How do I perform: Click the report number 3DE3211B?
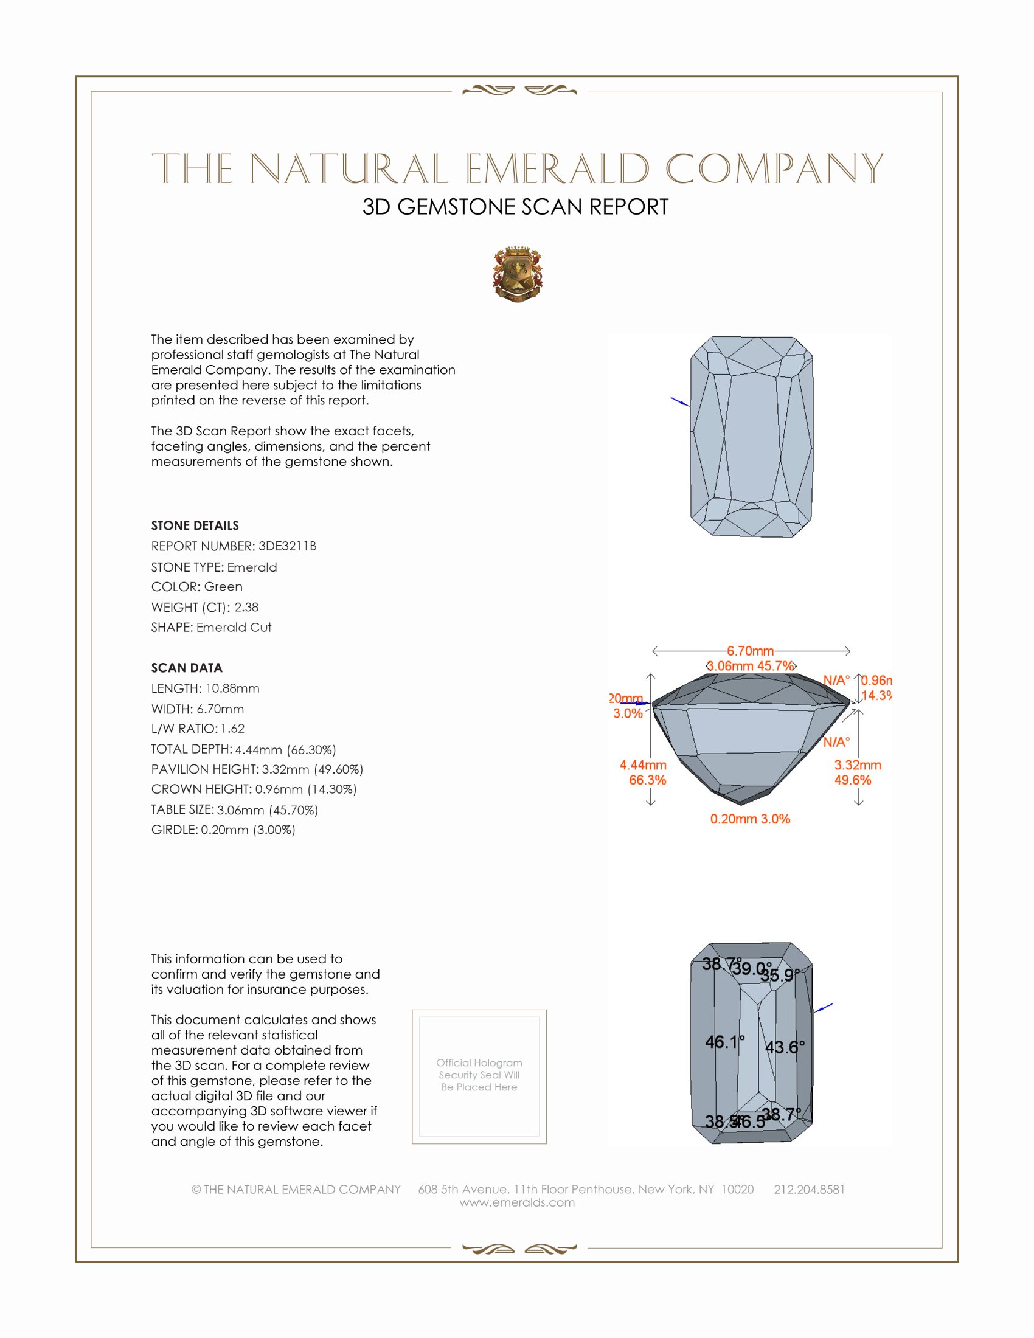click(287, 546)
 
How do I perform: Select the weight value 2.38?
click(246, 607)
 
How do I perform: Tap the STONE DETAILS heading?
click(195, 525)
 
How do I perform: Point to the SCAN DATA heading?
click(187, 668)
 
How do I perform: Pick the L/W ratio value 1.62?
click(233, 729)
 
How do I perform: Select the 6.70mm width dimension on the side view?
click(751, 651)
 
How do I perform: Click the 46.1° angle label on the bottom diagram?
click(724, 1041)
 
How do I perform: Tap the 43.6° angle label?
click(785, 1047)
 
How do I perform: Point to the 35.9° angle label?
click(780, 976)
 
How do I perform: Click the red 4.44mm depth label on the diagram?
click(643, 764)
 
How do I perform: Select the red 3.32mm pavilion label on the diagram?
click(858, 764)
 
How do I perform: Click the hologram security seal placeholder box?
click(479, 1076)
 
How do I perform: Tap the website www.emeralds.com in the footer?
click(517, 1202)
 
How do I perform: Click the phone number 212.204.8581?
click(809, 1189)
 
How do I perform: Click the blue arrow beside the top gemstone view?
click(679, 401)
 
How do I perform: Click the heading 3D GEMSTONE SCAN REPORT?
click(515, 207)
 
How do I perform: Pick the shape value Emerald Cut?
click(234, 628)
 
